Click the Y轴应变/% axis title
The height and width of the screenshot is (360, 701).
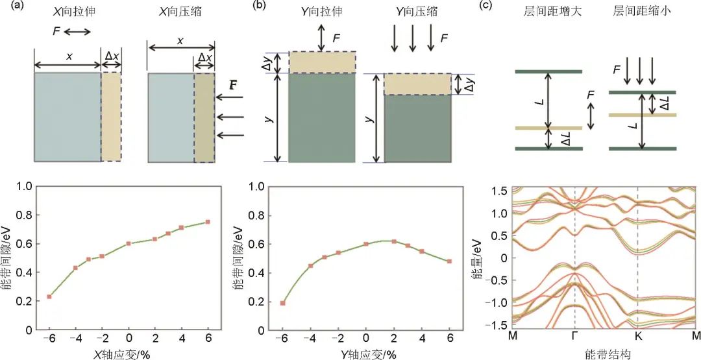367,354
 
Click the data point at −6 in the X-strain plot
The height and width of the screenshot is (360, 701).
49,296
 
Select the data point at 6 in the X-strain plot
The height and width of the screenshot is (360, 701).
208,222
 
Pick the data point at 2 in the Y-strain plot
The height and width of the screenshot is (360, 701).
394,241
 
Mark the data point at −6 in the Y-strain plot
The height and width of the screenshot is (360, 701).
283,303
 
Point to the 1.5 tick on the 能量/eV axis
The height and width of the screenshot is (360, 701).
500,190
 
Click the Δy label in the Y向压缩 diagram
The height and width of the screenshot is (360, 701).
466,84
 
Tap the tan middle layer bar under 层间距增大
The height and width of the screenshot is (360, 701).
548,128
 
